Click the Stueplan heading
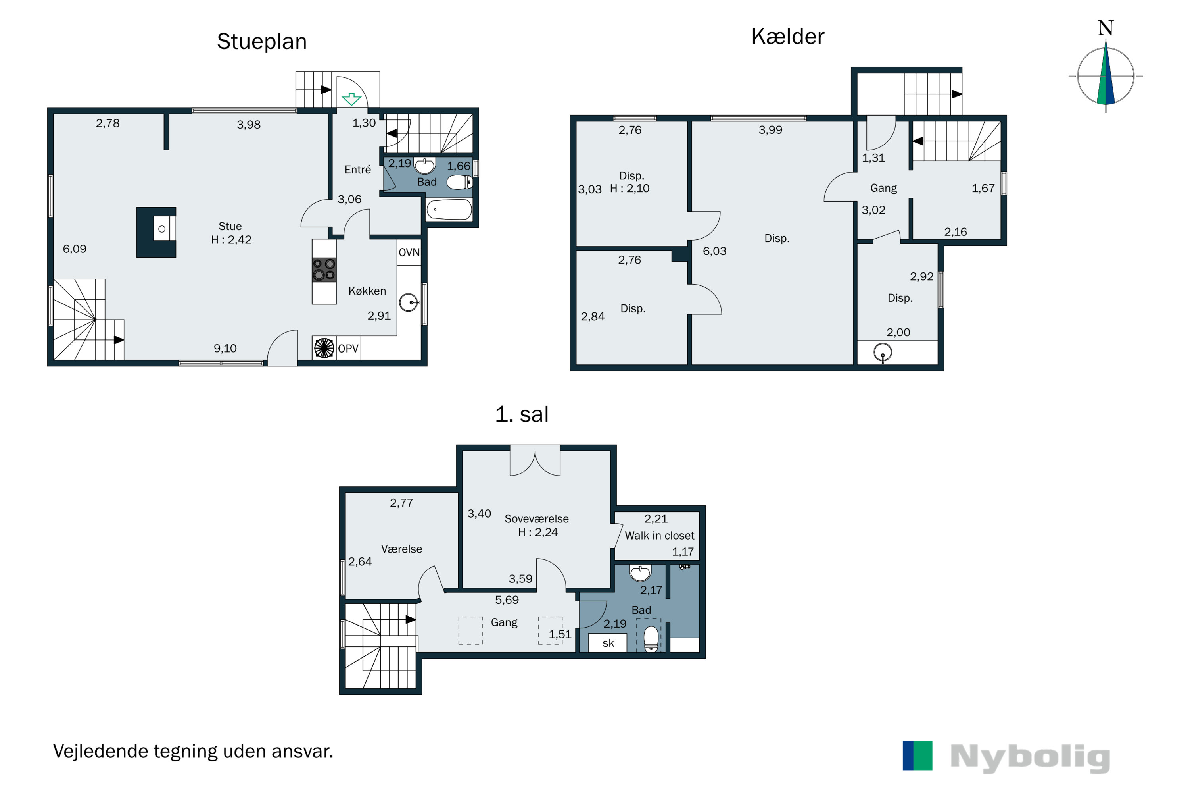[261, 42]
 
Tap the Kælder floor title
[788, 37]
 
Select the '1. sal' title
[522, 414]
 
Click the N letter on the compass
[1106, 28]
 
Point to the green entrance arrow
[351, 99]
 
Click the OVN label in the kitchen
[409, 252]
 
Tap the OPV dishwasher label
[348, 349]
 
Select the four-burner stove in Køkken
[324, 270]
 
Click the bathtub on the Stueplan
[449, 210]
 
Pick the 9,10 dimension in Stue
[225, 349]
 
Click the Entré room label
[358, 170]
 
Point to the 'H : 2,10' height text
[630, 188]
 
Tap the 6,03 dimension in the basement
[714, 251]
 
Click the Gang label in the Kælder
[883, 188]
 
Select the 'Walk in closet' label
[659, 536]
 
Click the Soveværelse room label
[536, 519]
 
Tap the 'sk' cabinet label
[608, 643]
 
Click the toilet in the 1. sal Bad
[651, 639]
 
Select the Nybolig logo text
[1030, 758]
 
